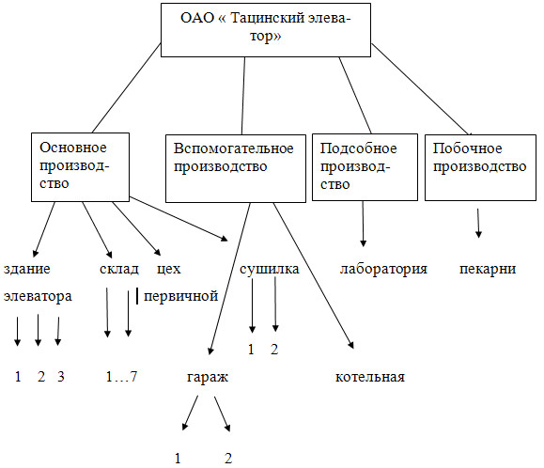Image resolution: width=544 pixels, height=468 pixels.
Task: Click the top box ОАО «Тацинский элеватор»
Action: click(x=266, y=30)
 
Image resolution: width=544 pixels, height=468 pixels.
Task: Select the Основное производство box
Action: click(x=80, y=167)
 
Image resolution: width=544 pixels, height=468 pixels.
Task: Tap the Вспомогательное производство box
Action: click(x=236, y=168)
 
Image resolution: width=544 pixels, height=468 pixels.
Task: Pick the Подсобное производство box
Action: click(x=365, y=167)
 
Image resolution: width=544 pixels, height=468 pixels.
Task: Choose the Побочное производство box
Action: click(x=480, y=167)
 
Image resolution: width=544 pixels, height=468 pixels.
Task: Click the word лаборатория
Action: click(x=383, y=269)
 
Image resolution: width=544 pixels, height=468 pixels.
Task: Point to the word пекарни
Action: click(x=488, y=269)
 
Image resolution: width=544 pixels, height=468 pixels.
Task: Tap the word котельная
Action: click(x=370, y=377)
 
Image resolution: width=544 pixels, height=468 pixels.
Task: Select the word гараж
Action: click(x=208, y=378)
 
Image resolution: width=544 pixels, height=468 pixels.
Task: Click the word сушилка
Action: click(x=270, y=269)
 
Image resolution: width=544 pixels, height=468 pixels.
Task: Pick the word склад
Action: click(x=119, y=269)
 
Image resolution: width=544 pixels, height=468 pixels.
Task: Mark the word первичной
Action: click(x=180, y=296)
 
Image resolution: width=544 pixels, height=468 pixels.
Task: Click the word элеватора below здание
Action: click(x=38, y=296)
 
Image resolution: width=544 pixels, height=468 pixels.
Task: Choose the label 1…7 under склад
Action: click(x=121, y=377)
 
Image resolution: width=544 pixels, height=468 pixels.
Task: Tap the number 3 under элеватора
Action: click(x=61, y=377)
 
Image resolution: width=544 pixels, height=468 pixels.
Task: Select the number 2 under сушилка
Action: click(x=274, y=349)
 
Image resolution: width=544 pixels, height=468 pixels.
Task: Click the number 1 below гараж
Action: click(x=178, y=459)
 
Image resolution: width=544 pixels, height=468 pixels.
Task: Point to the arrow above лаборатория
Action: click(x=364, y=224)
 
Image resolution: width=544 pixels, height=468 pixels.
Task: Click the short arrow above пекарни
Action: click(x=478, y=223)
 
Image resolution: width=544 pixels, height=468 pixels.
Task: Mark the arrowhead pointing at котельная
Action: click(x=351, y=345)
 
